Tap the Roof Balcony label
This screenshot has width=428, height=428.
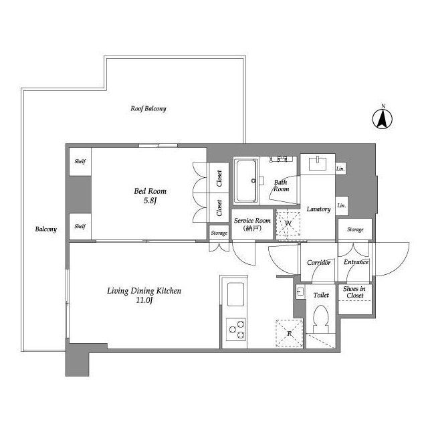(148, 108)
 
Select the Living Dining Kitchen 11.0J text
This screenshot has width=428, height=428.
(144, 295)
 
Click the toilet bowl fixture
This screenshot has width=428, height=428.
(321, 318)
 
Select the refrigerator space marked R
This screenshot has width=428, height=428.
(288, 332)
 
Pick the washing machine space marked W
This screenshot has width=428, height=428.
(288, 223)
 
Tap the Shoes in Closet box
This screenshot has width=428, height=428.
(354, 292)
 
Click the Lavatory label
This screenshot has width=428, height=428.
(318, 209)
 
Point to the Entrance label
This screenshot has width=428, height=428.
(356, 262)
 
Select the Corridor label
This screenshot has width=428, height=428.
(319, 263)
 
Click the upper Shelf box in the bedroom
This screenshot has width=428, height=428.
(80, 161)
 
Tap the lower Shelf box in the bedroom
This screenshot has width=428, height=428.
(80, 226)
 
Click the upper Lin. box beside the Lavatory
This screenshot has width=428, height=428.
(341, 169)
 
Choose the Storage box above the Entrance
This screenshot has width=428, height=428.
(355, 229)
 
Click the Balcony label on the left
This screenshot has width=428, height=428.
(46, 229)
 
